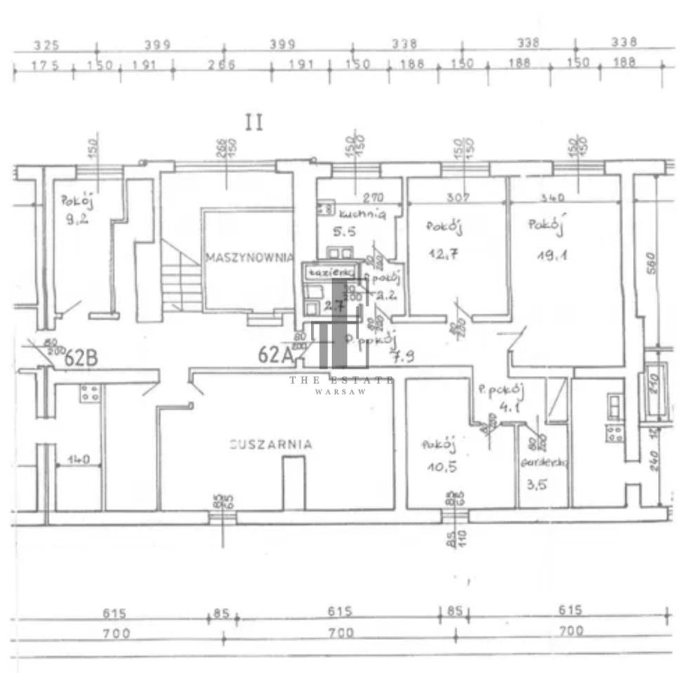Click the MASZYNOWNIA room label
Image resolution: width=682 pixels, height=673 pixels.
pyautogui.click(x=249, y=257)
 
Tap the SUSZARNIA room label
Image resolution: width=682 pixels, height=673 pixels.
pyautogui.click(x=270, y=443)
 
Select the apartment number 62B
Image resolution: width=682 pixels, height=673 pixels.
pyautogui.click(x=80, y=358)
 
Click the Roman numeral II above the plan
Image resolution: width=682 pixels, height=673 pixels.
pyautogui.click(x=253, y=123)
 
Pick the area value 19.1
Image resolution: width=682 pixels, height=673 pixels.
pyautogui.click(x=552, y=256)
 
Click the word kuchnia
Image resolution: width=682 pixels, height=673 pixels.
pyautogui.click(x=362, y=215)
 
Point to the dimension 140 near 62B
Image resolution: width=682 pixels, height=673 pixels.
pyautogui.click(x=79, y=461)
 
